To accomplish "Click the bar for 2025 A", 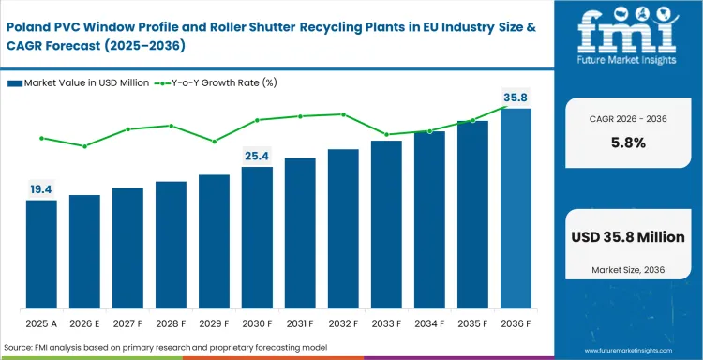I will click(x=41, y=254).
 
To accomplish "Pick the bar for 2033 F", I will click(x=386, y=224).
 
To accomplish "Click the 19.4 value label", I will click(x=41, y=189).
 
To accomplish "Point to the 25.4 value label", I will click(x=257, y=156).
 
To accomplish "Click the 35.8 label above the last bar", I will click(x=516, y=97).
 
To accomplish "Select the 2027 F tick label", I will click(x=127, y=324).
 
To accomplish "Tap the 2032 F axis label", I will click(x=343, y=324).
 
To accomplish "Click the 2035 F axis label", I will click(x=472, y=324).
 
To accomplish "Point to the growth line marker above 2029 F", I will click(x=214, y=142).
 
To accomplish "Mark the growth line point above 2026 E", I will click(x=84, y=146).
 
